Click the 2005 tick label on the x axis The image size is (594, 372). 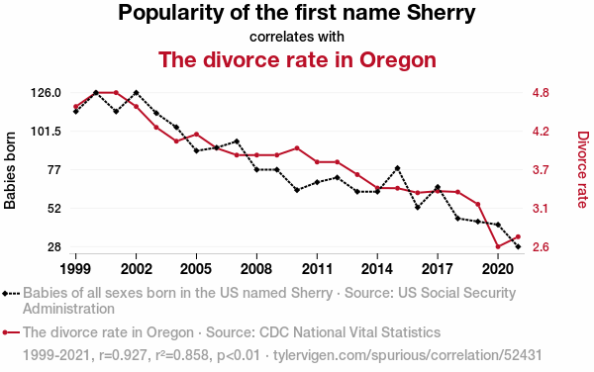coord(196,269)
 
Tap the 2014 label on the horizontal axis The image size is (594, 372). coord(377,269)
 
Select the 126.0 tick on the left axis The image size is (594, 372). coord(46,93)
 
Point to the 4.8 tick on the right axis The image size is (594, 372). coord(541,93)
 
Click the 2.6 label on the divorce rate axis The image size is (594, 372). coord(541,247)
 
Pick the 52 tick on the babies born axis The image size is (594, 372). coord(54,209)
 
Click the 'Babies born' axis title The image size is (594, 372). coord(10,170)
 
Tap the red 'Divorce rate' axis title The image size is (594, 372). coord(583,169)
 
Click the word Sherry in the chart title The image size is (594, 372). coord(441,13)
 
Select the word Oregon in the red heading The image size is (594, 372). coord(398,59)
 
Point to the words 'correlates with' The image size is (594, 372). coord(297,37)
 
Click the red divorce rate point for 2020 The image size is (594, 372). coord(498,246)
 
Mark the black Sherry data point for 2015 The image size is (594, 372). coord(397,168)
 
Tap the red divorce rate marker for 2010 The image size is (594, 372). coord(297,148)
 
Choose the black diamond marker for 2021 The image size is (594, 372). coord(518,246)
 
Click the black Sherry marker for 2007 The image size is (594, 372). coord(237,141)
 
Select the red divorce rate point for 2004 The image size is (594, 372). coord(176,141)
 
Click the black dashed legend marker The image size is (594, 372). coord(11,293)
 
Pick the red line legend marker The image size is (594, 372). coord(11,332)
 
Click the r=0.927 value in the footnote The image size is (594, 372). coord(123,355)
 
